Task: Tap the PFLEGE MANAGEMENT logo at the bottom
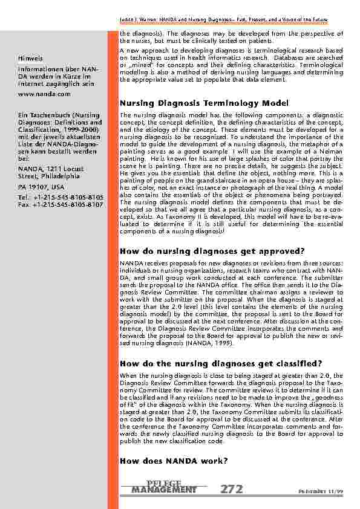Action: pyautogui.click(x=164, y=486)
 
